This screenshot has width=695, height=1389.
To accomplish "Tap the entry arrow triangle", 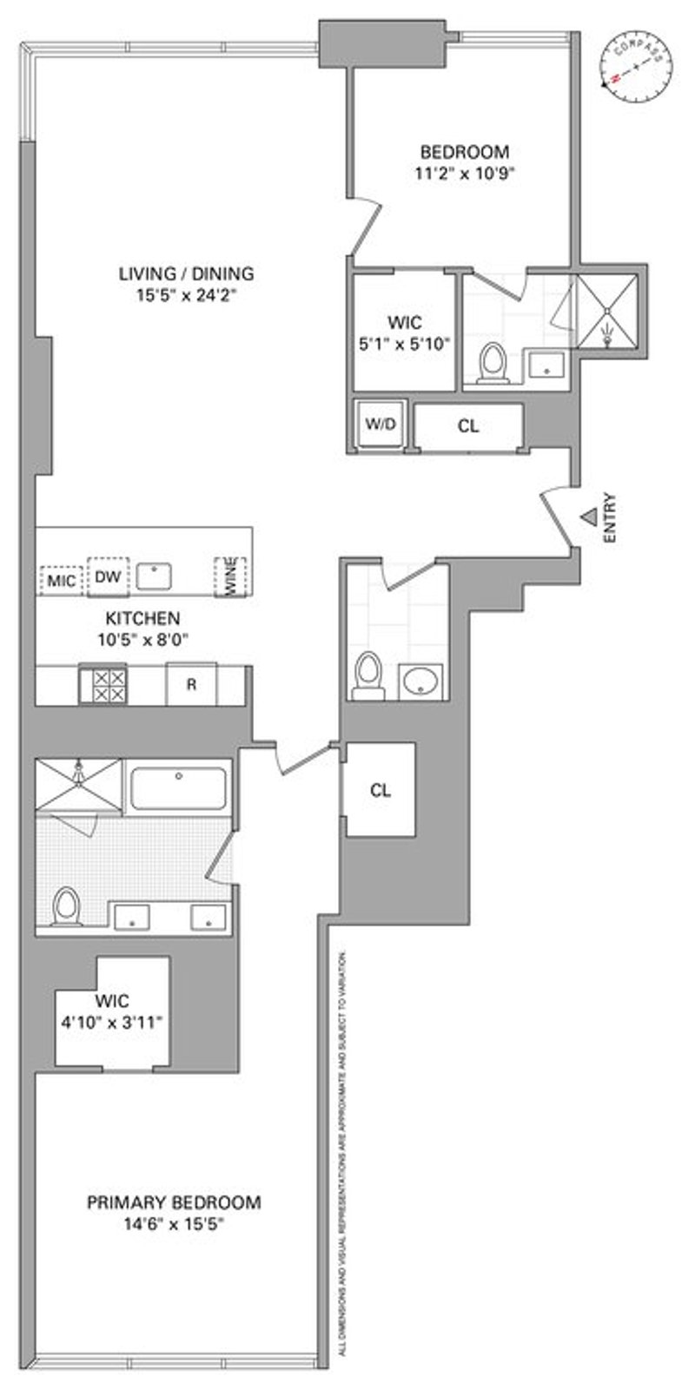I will point(589,517).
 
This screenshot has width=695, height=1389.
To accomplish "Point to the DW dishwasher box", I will point(107,576).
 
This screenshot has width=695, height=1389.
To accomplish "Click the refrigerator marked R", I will point(191,684).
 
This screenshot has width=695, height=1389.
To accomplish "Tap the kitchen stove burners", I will point(103,684).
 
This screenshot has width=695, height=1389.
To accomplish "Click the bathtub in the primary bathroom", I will point(179,787).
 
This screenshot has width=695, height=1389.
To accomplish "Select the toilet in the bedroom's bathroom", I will point(493,363).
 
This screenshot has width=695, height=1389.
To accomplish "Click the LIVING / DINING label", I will point(186,274).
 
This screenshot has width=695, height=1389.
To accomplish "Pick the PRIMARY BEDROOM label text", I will point(174,1202).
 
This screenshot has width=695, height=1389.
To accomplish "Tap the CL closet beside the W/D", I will point(468,426).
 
